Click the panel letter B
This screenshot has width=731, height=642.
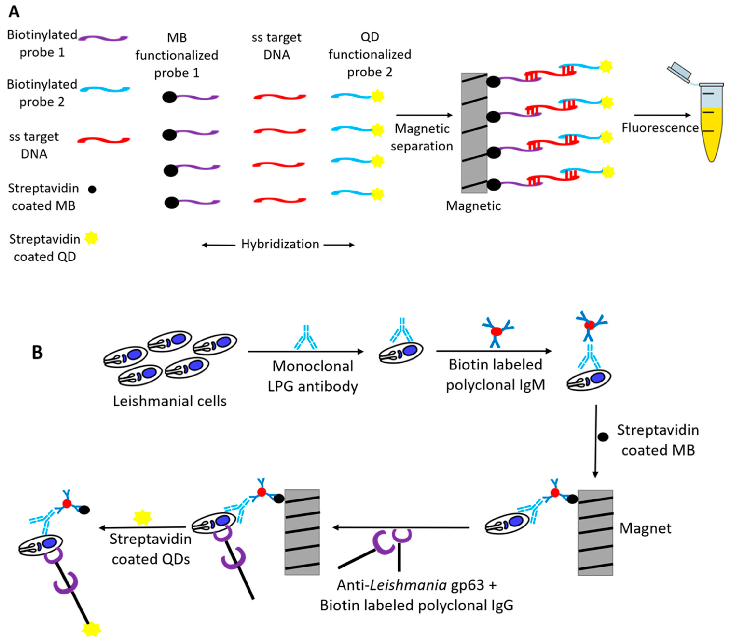click(x=37, y=352)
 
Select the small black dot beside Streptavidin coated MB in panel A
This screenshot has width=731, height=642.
click(x=92, y=190)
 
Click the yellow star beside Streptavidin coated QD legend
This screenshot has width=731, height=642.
click(x=91, y=238)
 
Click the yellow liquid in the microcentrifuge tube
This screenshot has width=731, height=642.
click(x=712, y=136)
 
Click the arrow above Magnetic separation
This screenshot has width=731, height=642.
click(x=424, y=115)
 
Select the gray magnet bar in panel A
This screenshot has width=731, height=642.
click(x=474, y=133)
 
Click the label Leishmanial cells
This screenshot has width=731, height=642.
click(x=170, y=401)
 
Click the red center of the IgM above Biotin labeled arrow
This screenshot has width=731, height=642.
click(x=497, y=331)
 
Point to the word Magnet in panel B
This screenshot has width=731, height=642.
click(x=645, y=528)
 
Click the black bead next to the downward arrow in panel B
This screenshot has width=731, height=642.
click(x=603, y=437)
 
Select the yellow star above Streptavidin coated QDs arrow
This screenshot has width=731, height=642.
click(x=142, y=517)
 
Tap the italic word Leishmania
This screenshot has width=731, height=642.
click(x=408, y=585)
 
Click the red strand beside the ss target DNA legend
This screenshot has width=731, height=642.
click(x=104, y=140)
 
